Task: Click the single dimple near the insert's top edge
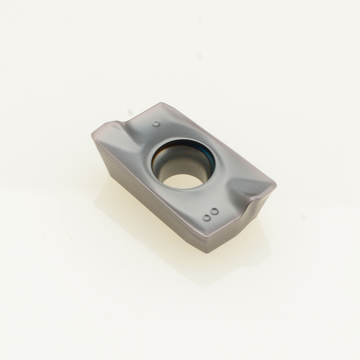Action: tap(156, 124)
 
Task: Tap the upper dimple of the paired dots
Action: tap(215, 211)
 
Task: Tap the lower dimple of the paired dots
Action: tap(207, 218)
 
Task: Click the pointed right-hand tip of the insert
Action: tap(275, 186)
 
